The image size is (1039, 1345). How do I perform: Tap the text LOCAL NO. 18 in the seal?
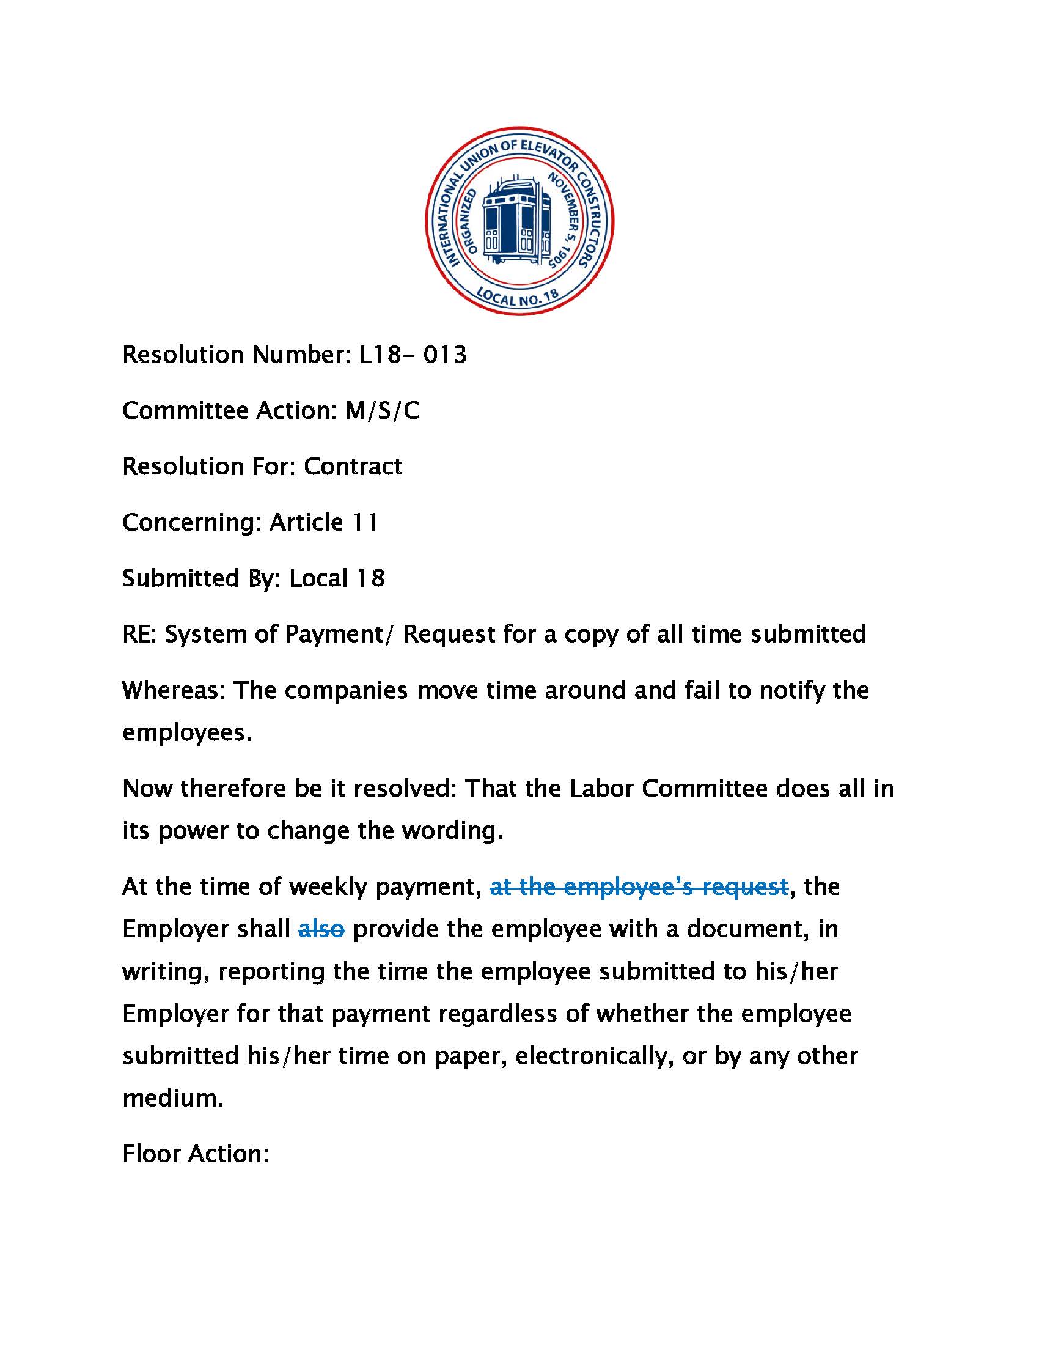518,297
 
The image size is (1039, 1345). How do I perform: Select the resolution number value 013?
444,355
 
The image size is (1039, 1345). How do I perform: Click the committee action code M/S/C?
382,411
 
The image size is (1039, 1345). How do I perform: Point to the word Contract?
353,466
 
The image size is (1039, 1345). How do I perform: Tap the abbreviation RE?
139,635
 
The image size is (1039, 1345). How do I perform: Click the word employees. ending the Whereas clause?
187,733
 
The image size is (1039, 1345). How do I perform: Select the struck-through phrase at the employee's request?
638,887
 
